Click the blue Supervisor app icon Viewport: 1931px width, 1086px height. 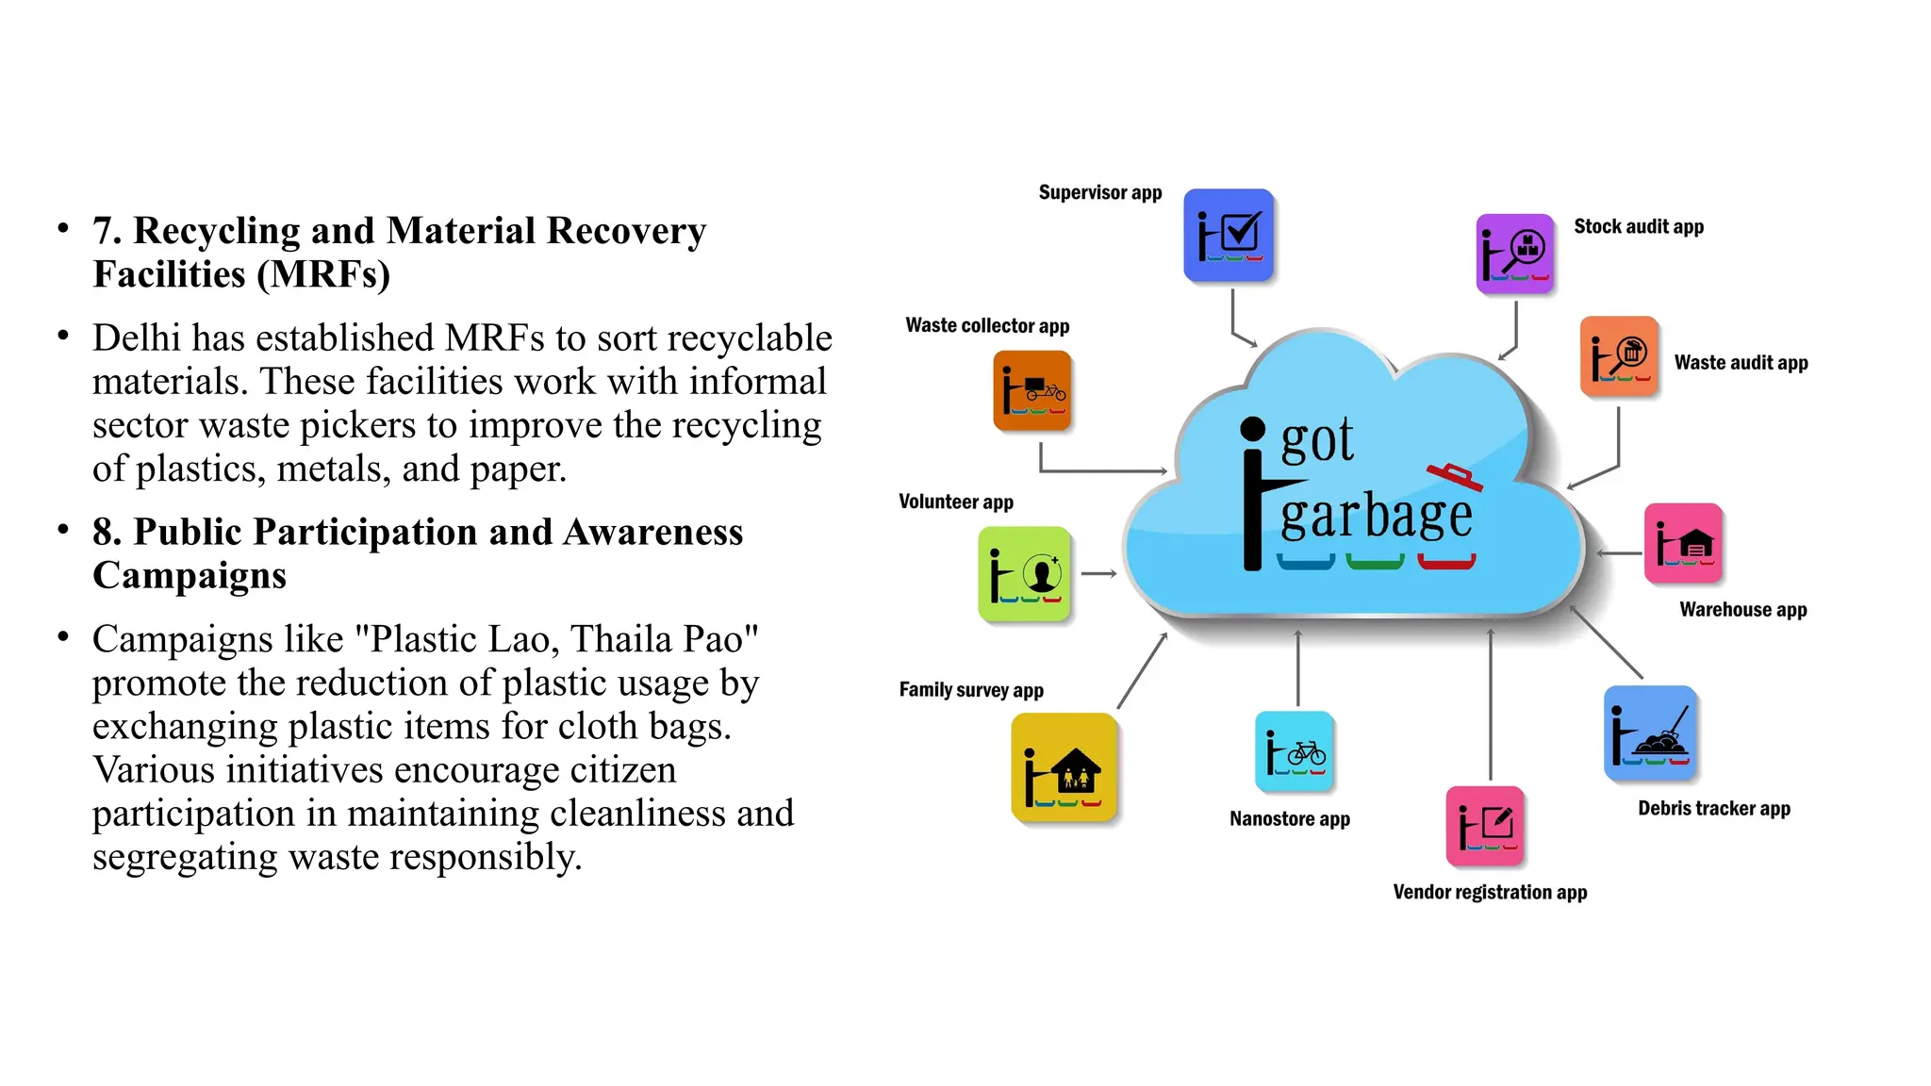coord(1229,235)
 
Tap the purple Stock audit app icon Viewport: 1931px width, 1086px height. coord(1514,254)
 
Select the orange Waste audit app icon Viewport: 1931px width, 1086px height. coord(1619,356)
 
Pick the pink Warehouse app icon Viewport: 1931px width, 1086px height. coord(1683,543)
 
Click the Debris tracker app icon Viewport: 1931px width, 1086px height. coord(1650,733)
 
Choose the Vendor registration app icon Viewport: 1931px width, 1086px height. coord(1485,826)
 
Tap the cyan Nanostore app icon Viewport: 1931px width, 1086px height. coord(1295,751)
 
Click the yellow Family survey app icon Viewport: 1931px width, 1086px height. coord(1064,767)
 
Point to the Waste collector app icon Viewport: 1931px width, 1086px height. coord(1032,390)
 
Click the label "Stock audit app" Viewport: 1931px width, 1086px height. coord(1639,226)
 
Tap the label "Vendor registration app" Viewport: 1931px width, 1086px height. coord(1490,892)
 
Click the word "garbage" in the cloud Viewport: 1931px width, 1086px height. coord(1376,517)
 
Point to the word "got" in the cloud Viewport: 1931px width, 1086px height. coord(1317,441)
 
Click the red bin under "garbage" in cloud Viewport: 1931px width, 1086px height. coord(1446,563)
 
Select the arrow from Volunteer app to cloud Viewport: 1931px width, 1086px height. coord(1098,573)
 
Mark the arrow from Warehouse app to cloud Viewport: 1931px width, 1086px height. coord(1619,553)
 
